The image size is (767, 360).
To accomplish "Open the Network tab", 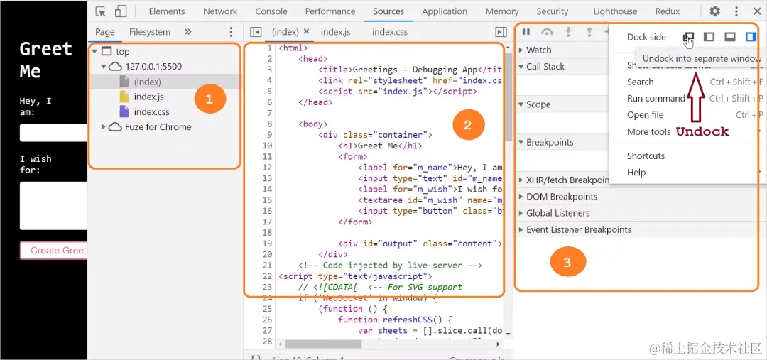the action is (220, 11).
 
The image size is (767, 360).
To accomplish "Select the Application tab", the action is (445, 11).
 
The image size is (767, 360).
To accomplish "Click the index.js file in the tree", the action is (148, 97).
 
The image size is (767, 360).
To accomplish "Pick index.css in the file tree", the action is (151, 111).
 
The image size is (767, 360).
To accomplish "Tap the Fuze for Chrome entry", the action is (158, 127).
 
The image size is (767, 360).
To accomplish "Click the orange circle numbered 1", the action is (209, 99).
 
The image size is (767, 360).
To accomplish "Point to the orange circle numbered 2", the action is (467, 125).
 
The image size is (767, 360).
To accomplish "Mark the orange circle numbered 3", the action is (567, 262).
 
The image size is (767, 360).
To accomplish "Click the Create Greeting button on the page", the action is (54, 250).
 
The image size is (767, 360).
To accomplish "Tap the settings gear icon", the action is (715, 11).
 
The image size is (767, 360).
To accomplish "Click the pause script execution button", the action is (526, 32).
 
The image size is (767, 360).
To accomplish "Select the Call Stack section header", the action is (545, 67).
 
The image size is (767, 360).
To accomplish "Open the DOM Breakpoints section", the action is (561, 197).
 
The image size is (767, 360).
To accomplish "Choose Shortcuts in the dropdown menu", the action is (646, 156).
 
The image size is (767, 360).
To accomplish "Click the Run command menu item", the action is (656, 99).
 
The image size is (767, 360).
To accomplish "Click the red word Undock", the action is (702, 131).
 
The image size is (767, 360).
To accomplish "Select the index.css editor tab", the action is (390, 32).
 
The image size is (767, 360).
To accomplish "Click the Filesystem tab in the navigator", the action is (149, 32).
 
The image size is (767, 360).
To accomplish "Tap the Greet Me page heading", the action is (45, 60).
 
